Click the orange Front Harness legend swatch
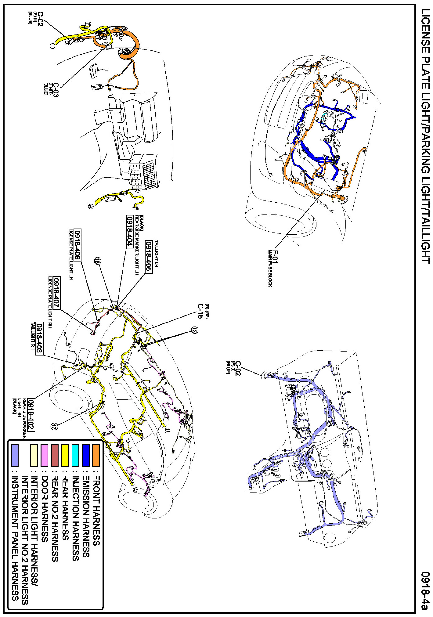coord(96,456)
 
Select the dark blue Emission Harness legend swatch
coord(86,456)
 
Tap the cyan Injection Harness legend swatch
coord(75,456)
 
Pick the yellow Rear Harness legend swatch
coord(65,456)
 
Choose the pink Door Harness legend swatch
coord(44,456)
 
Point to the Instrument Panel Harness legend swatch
coord(15,456)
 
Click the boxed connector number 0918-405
coord(149,257)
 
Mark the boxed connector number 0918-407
coord(56,293)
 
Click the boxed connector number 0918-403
coord(39,338)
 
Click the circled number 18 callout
coord(98,261)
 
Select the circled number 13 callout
coord(194,330)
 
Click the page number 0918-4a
coord(425,590)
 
